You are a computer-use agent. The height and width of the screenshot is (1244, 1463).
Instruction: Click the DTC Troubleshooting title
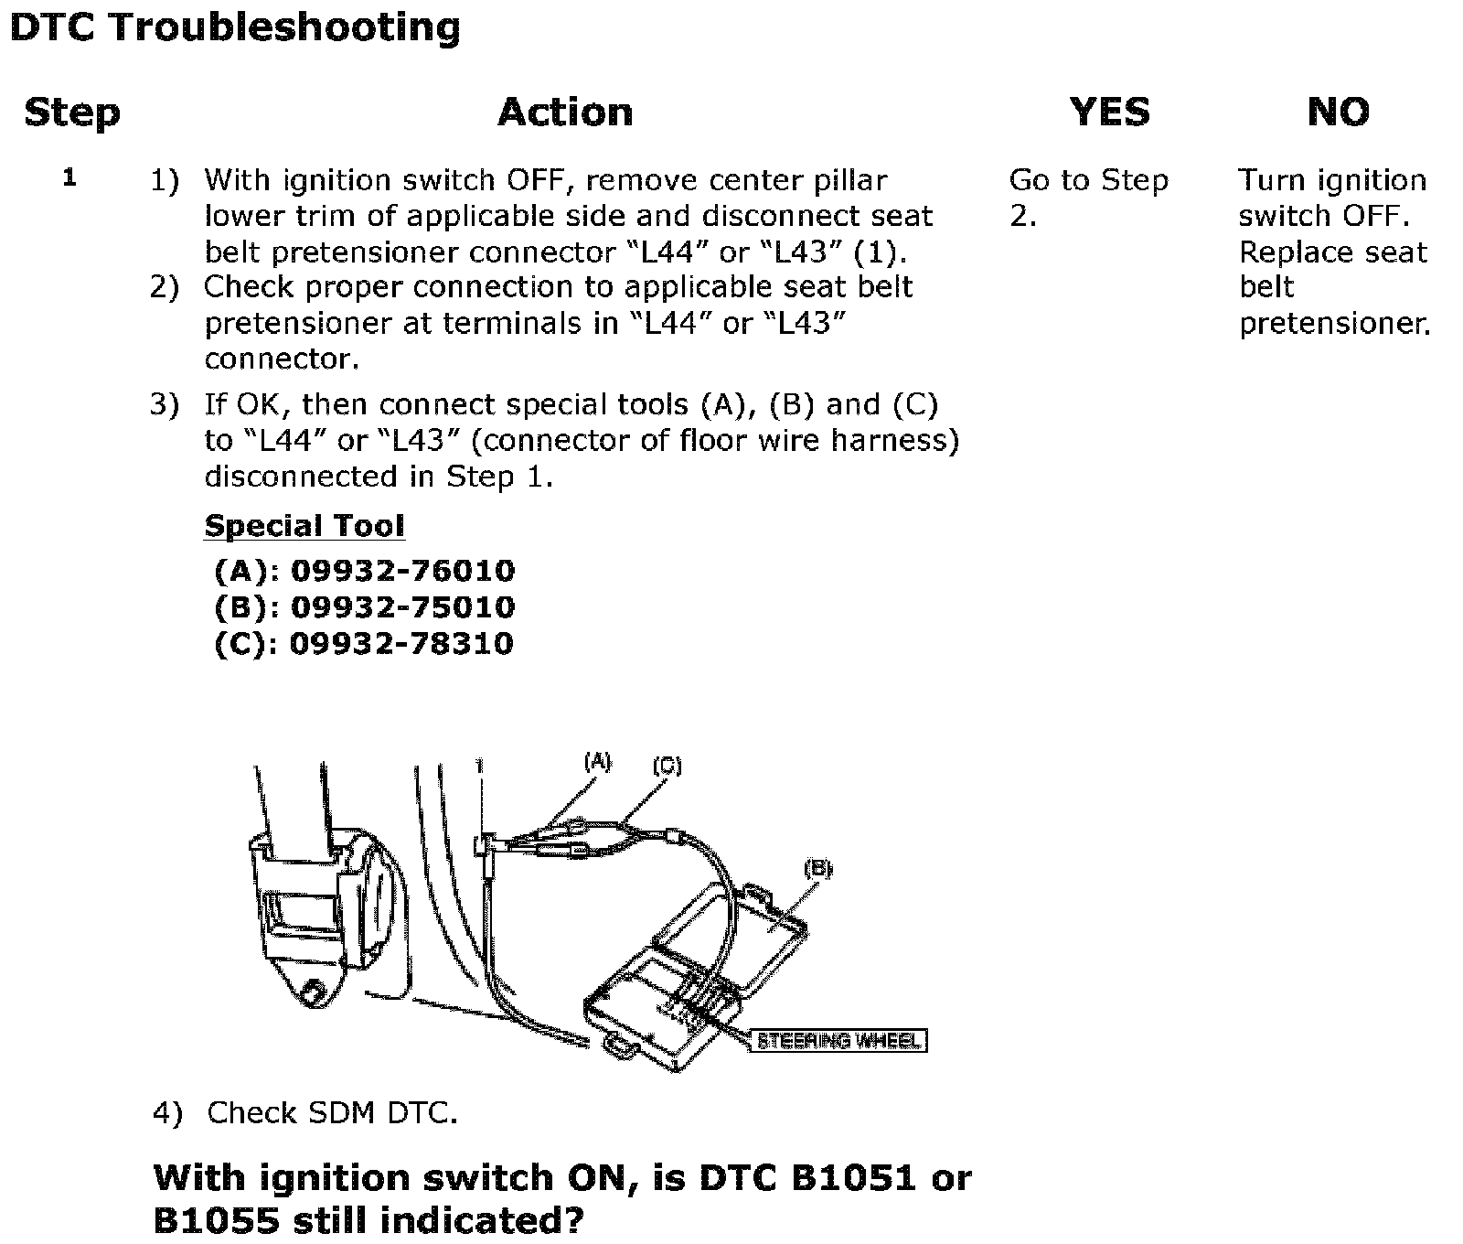coord(234,27)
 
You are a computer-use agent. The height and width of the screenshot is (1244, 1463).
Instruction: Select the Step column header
coord(72,113)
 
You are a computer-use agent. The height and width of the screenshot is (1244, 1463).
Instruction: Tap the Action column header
coord(565,113)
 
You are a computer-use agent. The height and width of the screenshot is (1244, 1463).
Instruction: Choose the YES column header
coord(1109,113)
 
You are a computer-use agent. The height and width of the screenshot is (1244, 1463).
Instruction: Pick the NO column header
coord(1338,113)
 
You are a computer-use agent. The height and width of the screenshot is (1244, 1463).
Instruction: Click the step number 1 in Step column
coord(69,177)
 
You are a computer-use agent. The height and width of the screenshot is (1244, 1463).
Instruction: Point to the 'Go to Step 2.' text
coord(1088,198)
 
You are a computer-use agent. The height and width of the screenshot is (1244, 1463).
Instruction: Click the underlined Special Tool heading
coord(304,526)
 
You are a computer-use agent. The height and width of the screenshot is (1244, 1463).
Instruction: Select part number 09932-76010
coord(402,572)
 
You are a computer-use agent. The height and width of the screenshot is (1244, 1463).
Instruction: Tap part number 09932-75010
coord(402,607)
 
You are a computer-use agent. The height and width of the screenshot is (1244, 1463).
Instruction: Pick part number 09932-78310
coord(401,644)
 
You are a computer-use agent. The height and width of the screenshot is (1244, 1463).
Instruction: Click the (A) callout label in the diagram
coord(597,761)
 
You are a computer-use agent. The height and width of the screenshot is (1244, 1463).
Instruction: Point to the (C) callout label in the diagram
coord(667,766)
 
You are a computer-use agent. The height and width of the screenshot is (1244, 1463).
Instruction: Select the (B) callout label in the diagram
coord(817,869)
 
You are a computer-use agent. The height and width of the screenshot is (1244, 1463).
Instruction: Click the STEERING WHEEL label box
coord(838,1041)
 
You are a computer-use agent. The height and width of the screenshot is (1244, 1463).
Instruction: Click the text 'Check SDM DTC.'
coord(331,1113)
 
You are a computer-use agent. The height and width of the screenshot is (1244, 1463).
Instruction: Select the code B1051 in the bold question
coord(852,1177)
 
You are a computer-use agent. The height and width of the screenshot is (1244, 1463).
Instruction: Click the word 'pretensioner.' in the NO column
coord(1335,324)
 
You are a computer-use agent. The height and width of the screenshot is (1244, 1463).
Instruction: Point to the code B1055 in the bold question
coord(210,1221)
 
